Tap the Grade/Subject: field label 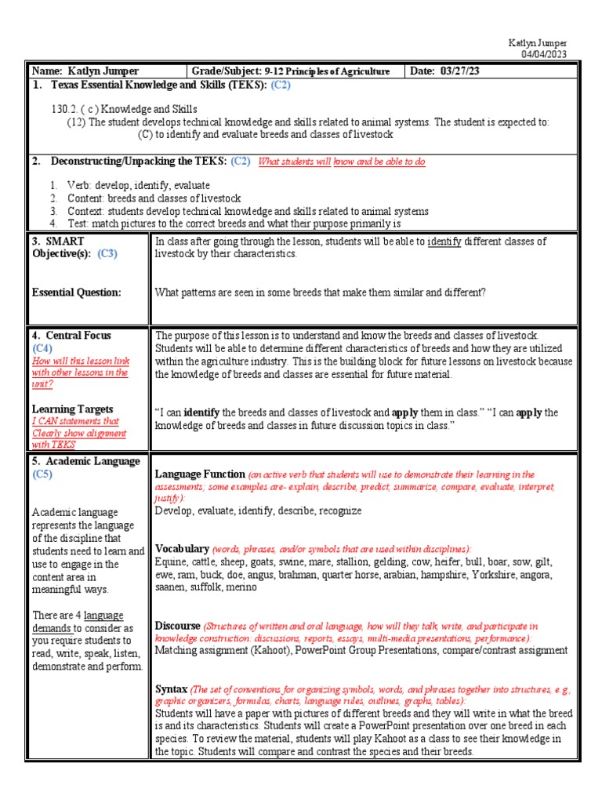(x=224, y=71)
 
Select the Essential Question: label (x=76, y=292)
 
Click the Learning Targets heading (x=72, y=409)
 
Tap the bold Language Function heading (x=200, y=474)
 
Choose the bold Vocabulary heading (x=182, y=548)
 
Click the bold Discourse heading (x=178, y=626)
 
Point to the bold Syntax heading (x=172, y=689)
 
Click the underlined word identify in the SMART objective (x=444, y=242)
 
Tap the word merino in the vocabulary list (x=241, y=587)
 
